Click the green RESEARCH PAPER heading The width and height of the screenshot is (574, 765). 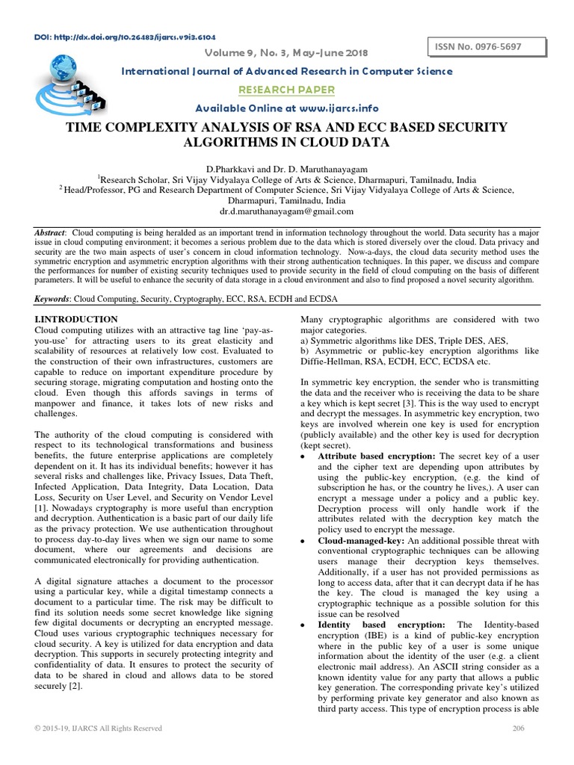tap(287, 90)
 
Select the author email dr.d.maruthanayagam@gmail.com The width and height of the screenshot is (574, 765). tap(286, 211)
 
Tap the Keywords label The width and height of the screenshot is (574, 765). tap(52, 298)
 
